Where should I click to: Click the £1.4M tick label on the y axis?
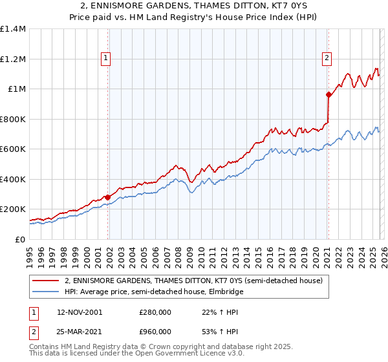point(13,29)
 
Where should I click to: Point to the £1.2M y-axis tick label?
point(13,59)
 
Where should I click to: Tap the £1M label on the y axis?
point(16,89)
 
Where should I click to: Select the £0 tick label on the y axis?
point(19,239)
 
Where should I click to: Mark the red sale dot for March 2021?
point(329,95)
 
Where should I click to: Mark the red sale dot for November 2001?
point(108,197)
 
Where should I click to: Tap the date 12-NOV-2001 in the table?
point(80,312)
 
